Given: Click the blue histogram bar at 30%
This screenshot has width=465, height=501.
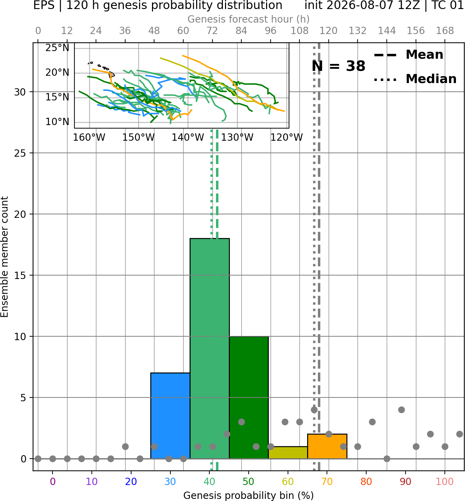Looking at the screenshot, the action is pyautogui.click(x=170, y=416).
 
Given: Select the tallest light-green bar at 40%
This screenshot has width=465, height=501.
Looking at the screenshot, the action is pyautogui.click(x=210, y=348).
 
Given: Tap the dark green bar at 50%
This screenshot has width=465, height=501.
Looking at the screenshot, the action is pyautogui.click(x=249, y=397).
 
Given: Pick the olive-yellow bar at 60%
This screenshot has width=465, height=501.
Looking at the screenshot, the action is pyautogui.click(x=288, y=453).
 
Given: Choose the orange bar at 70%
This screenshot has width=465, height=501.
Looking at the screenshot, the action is pyautogui.click(x=327, y=446).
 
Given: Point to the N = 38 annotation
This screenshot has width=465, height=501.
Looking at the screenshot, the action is pyautogui.click(x=338, y=66).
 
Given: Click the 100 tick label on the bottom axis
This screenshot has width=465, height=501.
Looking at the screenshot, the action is pyautogui.click(x=445, y=482).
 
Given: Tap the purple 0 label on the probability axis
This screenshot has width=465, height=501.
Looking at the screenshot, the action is pyautogui.click(x=53, y=482).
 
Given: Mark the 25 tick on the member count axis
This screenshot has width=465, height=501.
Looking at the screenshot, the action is pyautogui.click(x=20, y=153).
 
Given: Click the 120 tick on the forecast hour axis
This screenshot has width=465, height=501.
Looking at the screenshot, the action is pyautogui.click(x=328, y=31).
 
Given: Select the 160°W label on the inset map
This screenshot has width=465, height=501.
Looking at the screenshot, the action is pyautogui.click(x=89, y=138).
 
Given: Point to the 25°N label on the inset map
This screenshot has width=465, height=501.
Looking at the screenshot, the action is pyautogui.click(x=57, y=48).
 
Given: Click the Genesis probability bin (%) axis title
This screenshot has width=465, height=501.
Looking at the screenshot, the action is pyautogui.click(x=249, y=495).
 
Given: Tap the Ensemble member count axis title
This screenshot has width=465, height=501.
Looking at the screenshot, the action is pyautogui.click(x=5, y=257).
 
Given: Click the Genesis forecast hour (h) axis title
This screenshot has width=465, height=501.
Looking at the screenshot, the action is pyautogui.click(x=249, y=19).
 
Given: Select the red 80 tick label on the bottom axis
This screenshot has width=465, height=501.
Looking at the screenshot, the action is pyautogui.click(x=366, y=482).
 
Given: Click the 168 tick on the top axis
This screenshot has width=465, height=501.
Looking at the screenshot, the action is pyautogui.click(x=445, y=31).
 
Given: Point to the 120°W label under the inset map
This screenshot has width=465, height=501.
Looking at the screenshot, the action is pyautogui.click(x=287, y=138).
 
